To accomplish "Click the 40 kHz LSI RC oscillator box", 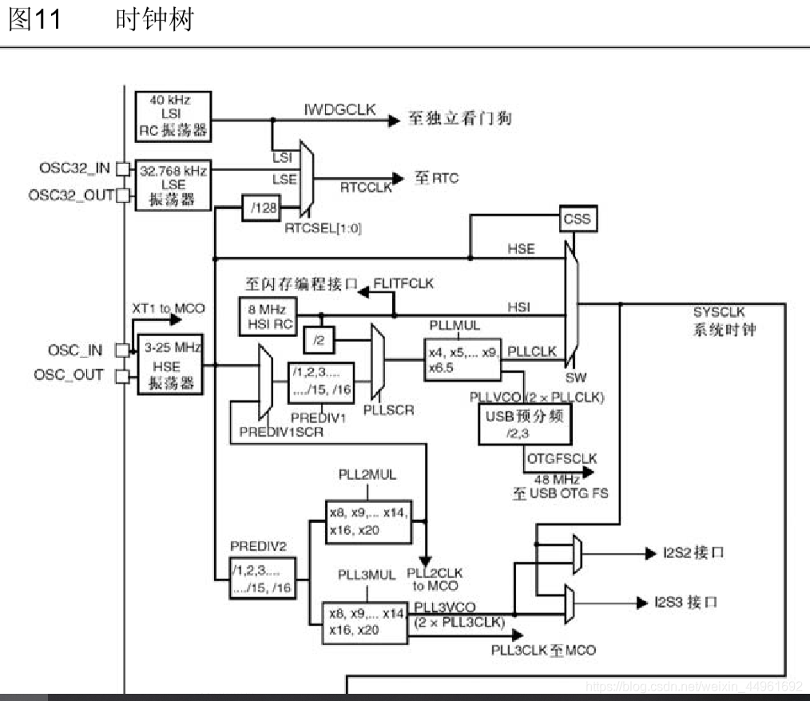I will tap(173, 115).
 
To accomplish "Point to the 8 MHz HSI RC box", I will tap(267, 316).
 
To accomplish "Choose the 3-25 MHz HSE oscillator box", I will tap(169, 365).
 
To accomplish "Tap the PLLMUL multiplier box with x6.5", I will tap(463, 358).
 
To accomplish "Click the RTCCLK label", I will tap(367, 188).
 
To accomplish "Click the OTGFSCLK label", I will tap(561, 458).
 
